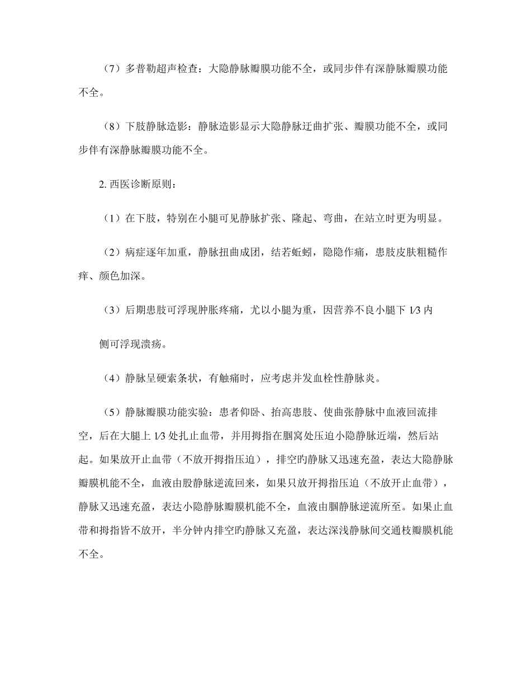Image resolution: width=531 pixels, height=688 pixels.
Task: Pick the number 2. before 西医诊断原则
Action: (x=103, y=184)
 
